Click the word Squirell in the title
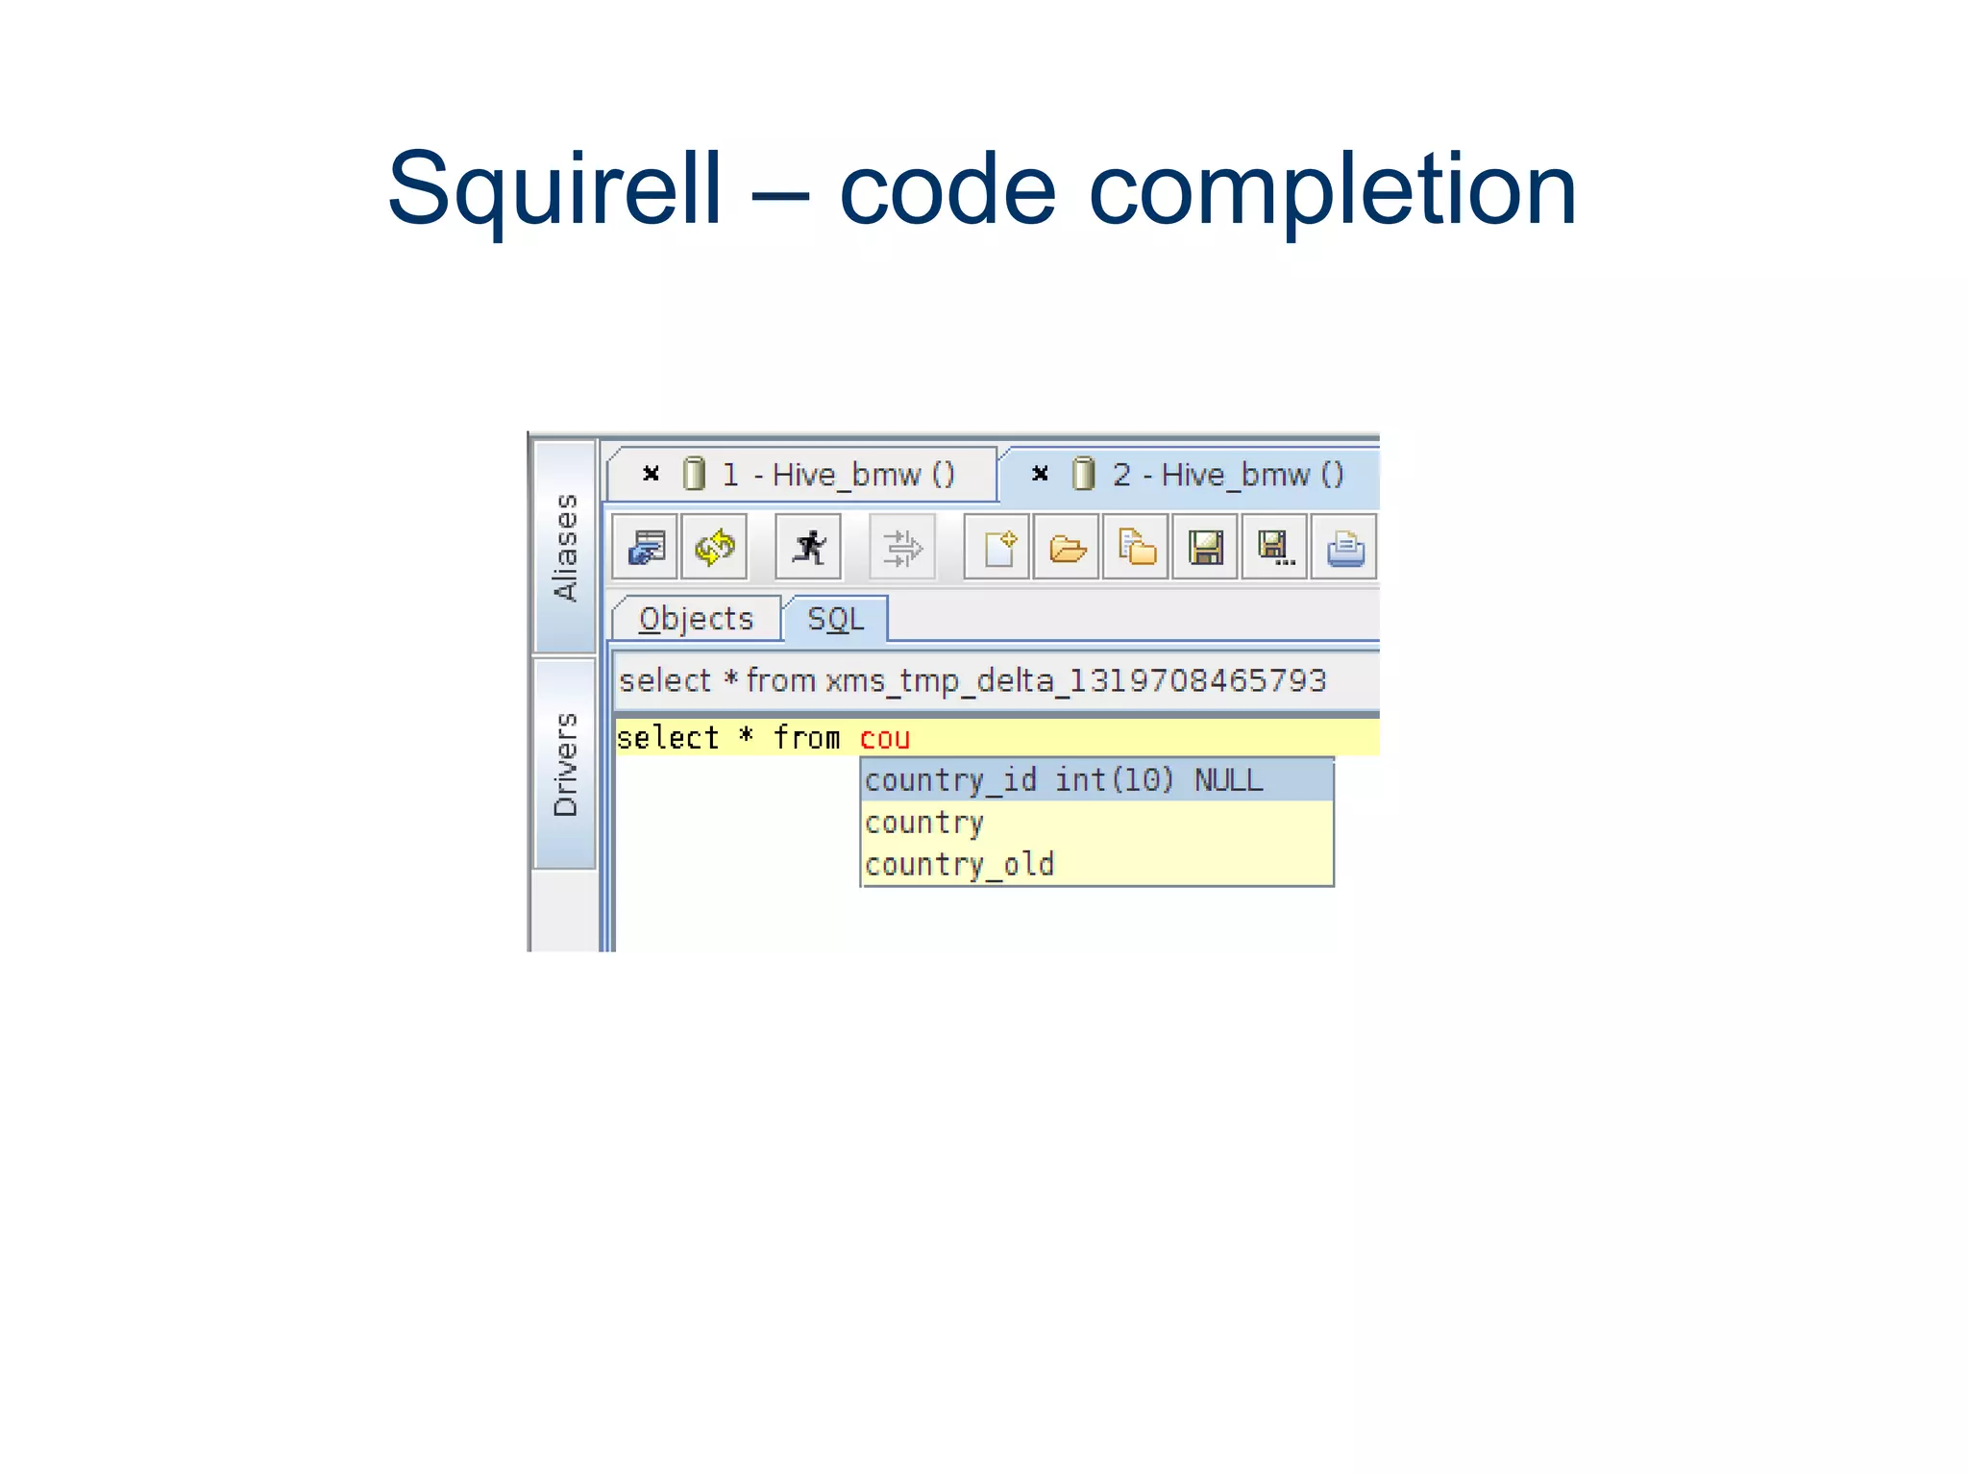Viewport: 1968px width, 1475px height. (554, 189)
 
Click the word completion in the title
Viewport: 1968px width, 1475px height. (1332, 189)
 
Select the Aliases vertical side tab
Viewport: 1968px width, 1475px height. (566, 548)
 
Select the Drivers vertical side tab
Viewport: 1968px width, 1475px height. (566, 765)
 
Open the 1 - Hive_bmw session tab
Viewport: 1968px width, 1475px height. (837, 475)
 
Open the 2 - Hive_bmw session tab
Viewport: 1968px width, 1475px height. (1227, 475)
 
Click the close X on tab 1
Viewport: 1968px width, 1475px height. (651, 474)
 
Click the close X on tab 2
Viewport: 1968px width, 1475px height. (1040, 474)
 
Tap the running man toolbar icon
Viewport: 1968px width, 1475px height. (808, 548)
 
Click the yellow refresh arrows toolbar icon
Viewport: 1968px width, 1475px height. (714, 548)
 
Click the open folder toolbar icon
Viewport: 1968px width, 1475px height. (1067, 548)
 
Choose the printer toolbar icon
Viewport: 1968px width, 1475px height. (1344, 548)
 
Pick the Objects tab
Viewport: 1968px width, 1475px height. (696, 619)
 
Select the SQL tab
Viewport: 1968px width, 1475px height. (835, 619)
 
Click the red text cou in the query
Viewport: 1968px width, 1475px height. (884, 738)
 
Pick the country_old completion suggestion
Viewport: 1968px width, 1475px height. (959, 865)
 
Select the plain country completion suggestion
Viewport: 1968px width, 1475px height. (924, 823)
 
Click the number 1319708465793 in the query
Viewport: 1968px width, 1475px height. (1197, 680)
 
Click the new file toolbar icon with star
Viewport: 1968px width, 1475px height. (997, 548)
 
